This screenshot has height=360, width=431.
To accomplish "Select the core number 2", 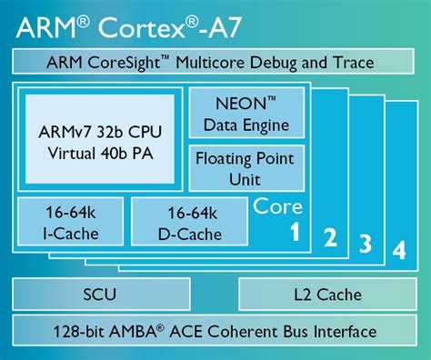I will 331,239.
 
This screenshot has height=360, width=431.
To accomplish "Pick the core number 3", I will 365,243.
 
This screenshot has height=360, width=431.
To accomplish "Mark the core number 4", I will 397,249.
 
